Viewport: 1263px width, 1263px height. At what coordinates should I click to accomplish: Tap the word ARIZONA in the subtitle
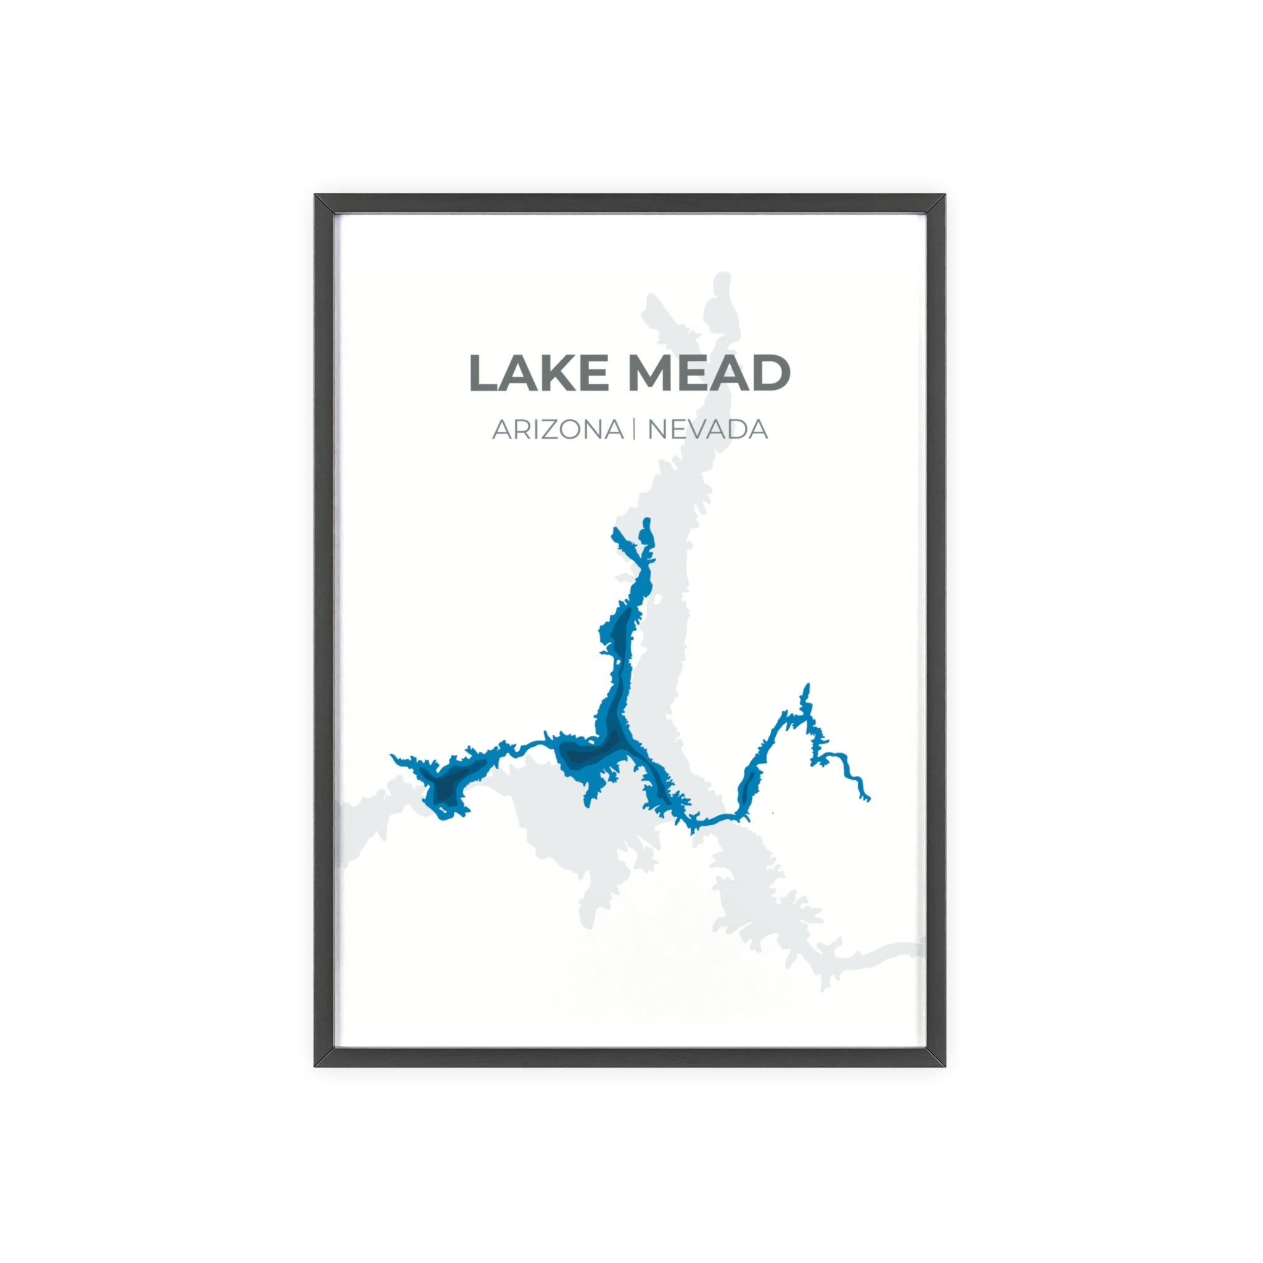(x=557, y=429)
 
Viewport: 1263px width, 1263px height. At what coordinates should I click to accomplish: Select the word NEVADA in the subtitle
(x=707, y=429)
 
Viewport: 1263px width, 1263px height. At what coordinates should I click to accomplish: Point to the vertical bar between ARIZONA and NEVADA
(x=634, y=429)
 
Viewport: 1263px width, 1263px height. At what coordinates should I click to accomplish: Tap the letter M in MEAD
(x=655, y=373)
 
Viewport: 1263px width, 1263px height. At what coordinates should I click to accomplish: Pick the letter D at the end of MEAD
(x=770, y=373)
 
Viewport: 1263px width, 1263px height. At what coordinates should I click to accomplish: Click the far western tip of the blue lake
(x=393, y=756)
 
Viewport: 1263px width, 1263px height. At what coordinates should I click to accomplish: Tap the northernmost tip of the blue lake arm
(x=646, y=521)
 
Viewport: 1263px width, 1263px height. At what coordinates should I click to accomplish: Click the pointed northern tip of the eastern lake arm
(x=807, y=686)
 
